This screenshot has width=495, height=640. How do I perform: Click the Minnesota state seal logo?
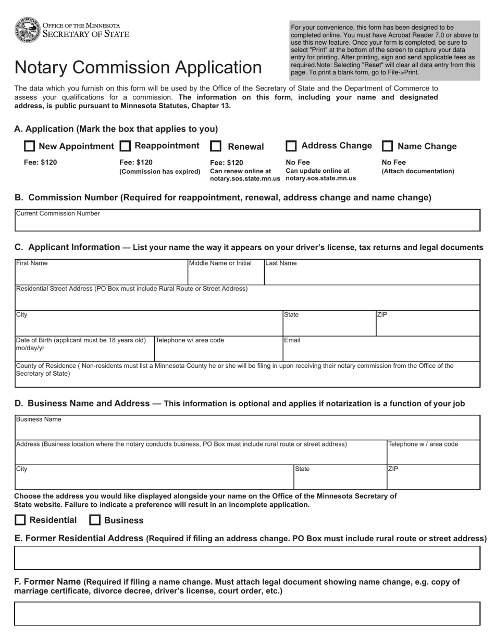(28, 30)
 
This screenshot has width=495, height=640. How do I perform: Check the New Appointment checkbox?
(30, 146)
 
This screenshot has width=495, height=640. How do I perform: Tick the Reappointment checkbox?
(125, 146)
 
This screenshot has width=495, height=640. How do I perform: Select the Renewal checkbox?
(216, 147)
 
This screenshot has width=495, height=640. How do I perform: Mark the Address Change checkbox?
(292, 146)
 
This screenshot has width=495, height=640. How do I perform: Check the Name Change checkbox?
(388, 146)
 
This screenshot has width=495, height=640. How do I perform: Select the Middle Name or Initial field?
(226, 274)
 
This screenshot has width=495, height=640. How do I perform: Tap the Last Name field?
(372, 274)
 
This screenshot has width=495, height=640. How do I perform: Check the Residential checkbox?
(20, 520)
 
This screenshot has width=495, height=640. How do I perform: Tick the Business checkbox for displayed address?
(95, 520)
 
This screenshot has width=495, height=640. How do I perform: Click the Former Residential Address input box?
(247, 558)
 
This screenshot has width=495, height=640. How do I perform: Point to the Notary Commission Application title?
(138, 68)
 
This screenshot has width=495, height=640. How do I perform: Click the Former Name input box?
(247, 613)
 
